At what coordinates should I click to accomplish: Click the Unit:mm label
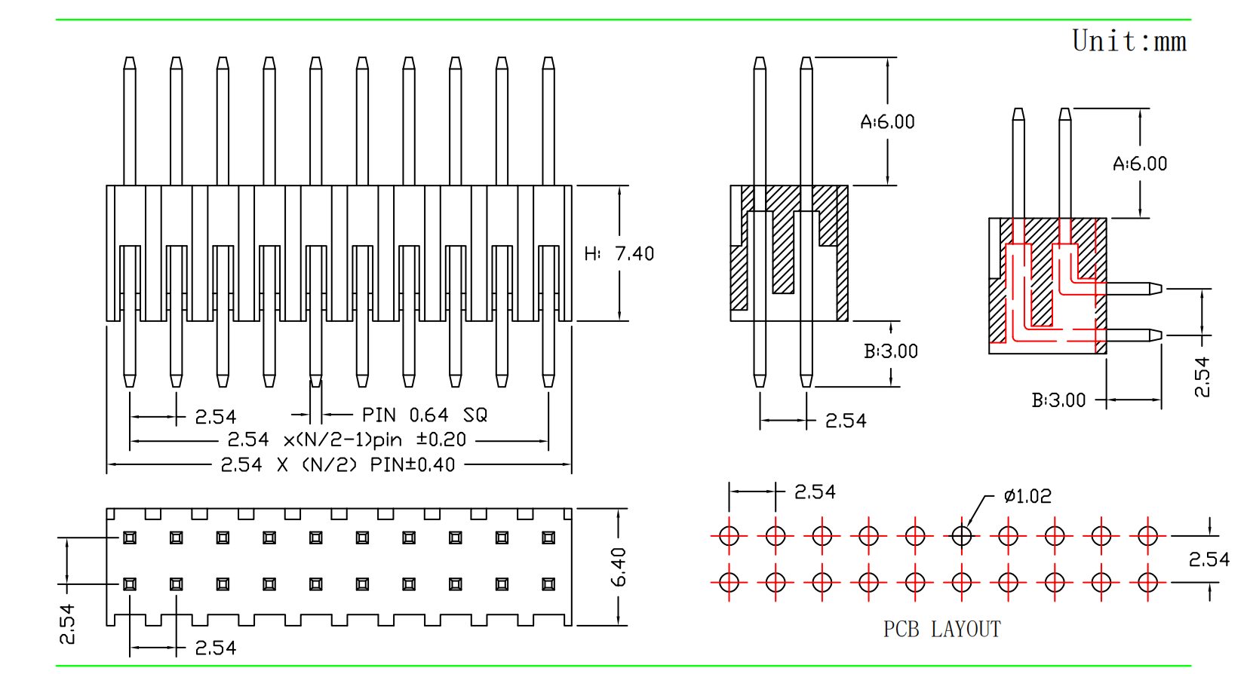click(1129, 41)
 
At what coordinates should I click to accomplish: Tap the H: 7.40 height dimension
click(619, 254)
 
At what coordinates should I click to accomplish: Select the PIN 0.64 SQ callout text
click(424, 415)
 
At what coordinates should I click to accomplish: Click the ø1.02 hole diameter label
click(1027, 495)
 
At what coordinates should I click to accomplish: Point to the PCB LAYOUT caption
click(942, 629)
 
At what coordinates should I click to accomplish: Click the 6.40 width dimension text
click(619, 567)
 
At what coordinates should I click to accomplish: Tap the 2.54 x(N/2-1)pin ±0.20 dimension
click(346, 440)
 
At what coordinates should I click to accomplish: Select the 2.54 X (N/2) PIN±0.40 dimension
click(338, 464)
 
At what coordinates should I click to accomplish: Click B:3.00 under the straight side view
click(891, 351)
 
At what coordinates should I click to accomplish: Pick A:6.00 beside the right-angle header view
click(1140, 164)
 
